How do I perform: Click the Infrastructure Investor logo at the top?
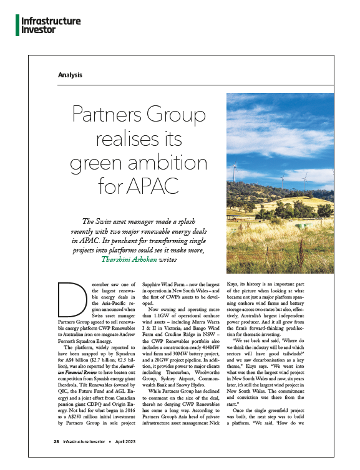pyautogui.click(x=51, y=25)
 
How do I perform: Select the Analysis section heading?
pyautogui.click(x=69, y=75)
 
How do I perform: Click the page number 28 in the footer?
pyautogui.click(x=56, y=458)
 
